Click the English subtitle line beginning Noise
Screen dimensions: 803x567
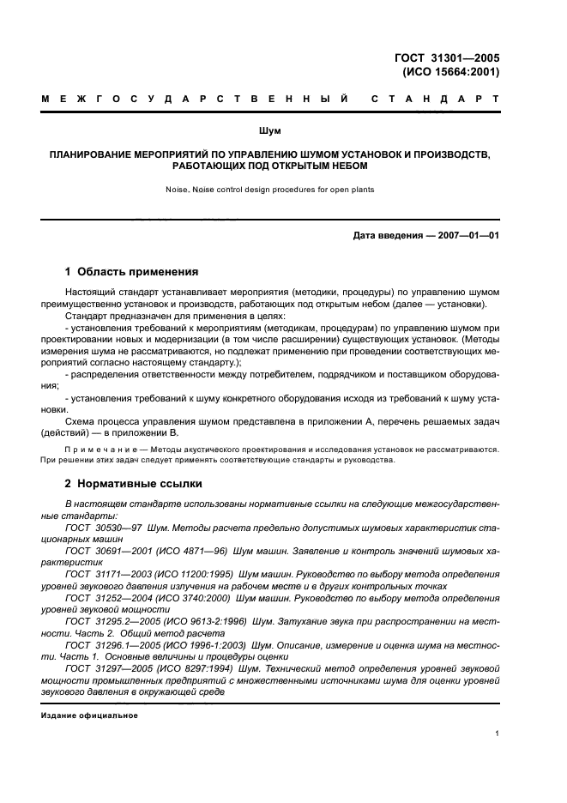pos(271,190)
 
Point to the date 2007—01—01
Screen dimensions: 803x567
pos(464,236)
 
